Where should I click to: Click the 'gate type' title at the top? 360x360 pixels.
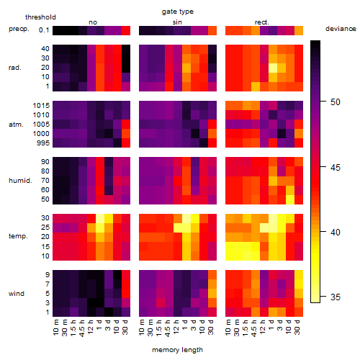tap(178, 12)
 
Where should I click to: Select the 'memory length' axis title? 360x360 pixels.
tap(177, 350)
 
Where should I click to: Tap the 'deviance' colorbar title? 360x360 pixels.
tap(341, 29)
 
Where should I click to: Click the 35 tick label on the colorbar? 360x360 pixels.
tap(336, 297)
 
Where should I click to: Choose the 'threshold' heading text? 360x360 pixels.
tap(40, 17)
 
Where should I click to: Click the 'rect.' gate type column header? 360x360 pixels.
tap(262, 22)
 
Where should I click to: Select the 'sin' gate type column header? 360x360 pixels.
tap(177, 22)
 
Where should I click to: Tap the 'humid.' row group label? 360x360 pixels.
tap(20, 181)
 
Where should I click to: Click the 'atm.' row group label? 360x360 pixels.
tap(16, 125)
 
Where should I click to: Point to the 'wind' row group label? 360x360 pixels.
tap(17, 294)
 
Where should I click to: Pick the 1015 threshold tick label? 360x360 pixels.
tap(41, 106)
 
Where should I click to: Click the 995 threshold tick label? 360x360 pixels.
tap(43, 143)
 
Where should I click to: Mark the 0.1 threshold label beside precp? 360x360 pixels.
tap(44, 30)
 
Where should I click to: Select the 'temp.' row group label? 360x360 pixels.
tap(18, 236)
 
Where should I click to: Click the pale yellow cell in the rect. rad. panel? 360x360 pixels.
tap(273, 68)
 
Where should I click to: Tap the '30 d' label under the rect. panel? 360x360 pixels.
tap(297, 327)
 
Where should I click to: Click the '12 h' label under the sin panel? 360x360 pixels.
tap(176, 327)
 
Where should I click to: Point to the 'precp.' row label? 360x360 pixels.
tap(19, 29)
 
